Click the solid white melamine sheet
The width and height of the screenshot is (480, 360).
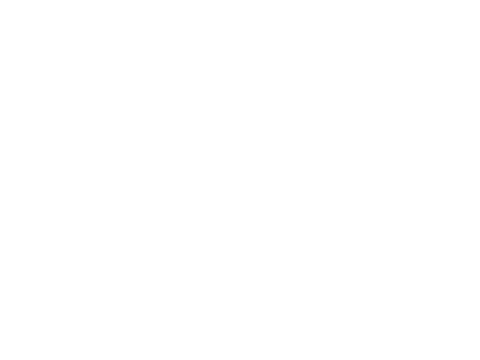(x=132, y=131)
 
